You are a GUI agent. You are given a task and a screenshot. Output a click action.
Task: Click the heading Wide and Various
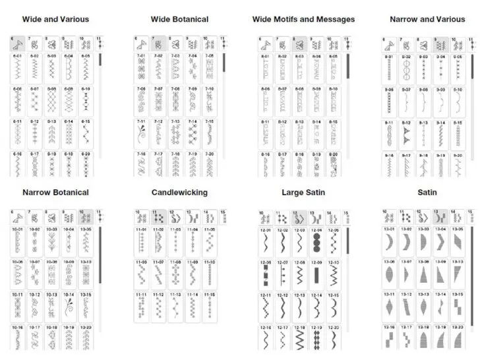click(55, 19)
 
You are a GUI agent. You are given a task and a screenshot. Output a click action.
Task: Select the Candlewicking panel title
click(179, 193)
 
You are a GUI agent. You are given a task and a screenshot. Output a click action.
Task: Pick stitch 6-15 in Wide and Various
click(86, 134)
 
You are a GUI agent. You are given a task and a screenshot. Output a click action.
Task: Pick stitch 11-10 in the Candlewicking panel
click(210, 274)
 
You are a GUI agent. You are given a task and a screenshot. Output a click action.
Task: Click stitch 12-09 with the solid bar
click(316, 274)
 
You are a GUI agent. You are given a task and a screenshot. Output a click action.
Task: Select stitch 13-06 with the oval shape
click(390, 274)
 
